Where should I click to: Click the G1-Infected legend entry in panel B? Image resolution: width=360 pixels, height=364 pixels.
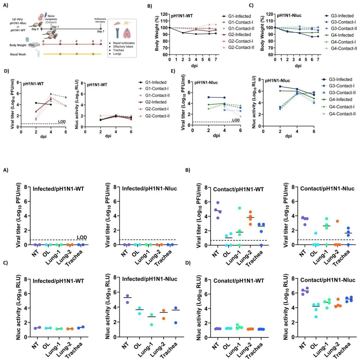pyautogui.click(x=239, y=16)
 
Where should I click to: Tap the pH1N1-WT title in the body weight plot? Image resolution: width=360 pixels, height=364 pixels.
pyautogui.click(x=182, y=16)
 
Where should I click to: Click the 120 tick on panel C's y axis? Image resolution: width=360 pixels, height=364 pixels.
pyautogui.click(x=269, y=14)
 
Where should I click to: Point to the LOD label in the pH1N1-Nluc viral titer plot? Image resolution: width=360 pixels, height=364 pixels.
pyautogui.click(x=236, y=120)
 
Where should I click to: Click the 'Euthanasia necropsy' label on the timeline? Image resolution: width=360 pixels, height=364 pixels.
pyautogui.click(x=100, y=20)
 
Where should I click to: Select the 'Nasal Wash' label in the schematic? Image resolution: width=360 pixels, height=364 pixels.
pyautogui.click(x=18, y=54)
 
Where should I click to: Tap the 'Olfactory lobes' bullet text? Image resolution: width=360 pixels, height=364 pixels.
pyautogui.click(x=123, y=47)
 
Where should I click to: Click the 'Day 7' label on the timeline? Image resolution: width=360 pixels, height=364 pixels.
pyautogui.click(x=100, y=32)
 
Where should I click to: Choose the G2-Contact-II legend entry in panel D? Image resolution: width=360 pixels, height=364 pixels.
pyautogui.click(x=157, y=116)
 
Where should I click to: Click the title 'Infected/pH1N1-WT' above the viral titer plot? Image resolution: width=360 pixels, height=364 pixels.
pyautogui.click(x=58, y=189)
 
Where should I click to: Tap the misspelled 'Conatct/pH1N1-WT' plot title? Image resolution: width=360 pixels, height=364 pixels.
pyautogui.click(x=238, y=281)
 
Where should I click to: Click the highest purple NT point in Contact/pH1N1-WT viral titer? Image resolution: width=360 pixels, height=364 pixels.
pyautogui.click(x=218, y=203)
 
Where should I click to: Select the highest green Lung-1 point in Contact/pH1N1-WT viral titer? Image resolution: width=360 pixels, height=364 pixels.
pyautogui.click(x=240, y=208)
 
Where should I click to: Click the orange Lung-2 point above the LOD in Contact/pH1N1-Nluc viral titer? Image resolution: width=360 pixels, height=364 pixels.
pyautogui.click(x=337, y=221)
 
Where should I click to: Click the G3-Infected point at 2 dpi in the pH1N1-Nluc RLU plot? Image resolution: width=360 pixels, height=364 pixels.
pyautogui.click(x=280, y=86)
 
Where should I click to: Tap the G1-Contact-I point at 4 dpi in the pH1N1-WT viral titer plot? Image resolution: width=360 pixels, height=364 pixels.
pyautogui.click(x=51, y=94)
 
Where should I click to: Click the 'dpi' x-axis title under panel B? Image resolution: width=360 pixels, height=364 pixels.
pyautogui.click(x=194, y=66)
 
